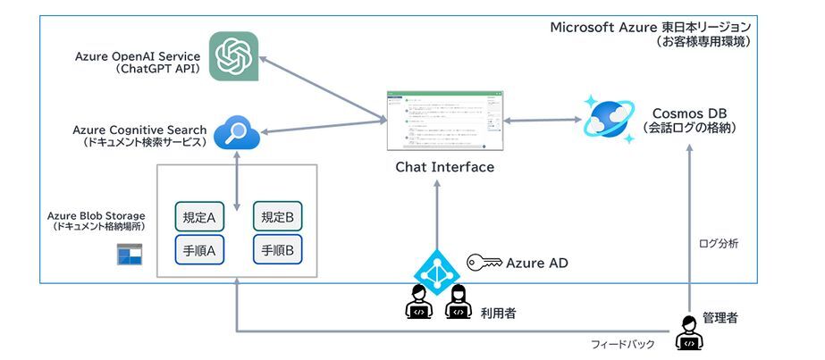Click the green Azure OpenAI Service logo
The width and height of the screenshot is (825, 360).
pyautogui.click(x=234, y=56)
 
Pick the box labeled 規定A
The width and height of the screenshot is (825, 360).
pyautogui.click(x=198, y=216)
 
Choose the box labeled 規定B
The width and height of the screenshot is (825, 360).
pyautogui.click(x=278, y=216)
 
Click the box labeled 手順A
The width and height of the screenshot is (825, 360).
pyautogui.click(x=198, y=251)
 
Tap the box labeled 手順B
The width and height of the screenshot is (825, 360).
pyautogui.click(x=278, y=251)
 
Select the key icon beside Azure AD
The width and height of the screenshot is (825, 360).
pyautogui.click(x=484, y=263)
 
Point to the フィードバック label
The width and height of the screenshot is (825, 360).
pyautogui.click(x=623, y=345)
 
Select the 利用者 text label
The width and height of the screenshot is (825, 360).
pyautogui.click(x=499, y=313)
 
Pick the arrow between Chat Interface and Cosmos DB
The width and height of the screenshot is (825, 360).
pyautogui.click(x=536, y=120)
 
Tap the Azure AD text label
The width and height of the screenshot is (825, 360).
pyautogui.click(x=536, y=263)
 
